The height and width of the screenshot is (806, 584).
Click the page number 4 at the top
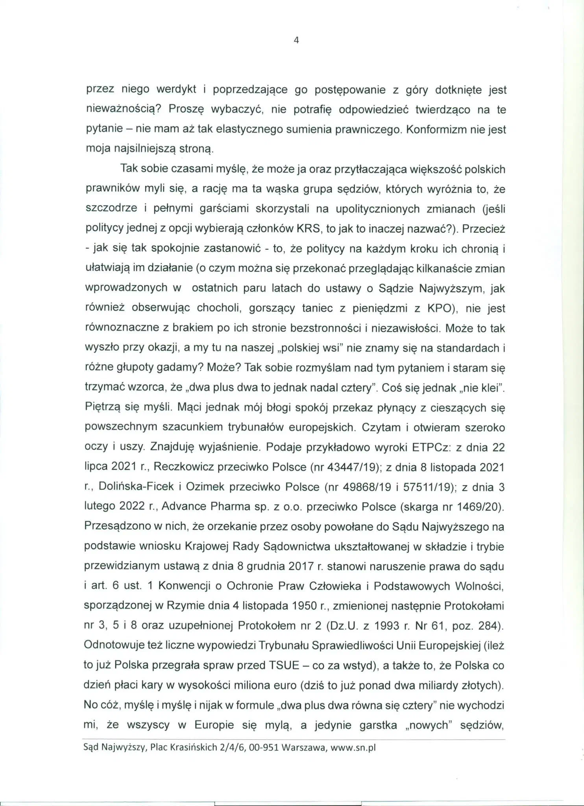point(296,40)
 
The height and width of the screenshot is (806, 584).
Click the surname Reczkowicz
point(185,467)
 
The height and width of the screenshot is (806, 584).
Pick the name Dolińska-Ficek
point(136,486)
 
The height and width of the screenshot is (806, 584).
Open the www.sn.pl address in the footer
point(353,748)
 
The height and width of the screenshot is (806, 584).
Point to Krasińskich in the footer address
point(190,748)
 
